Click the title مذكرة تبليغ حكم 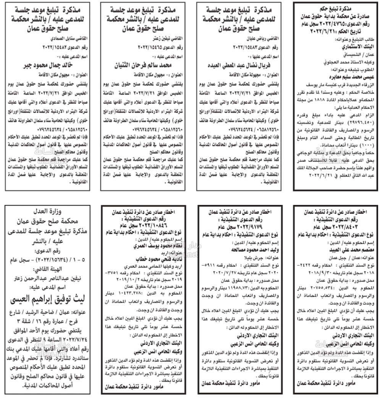[x=335, y=8]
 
